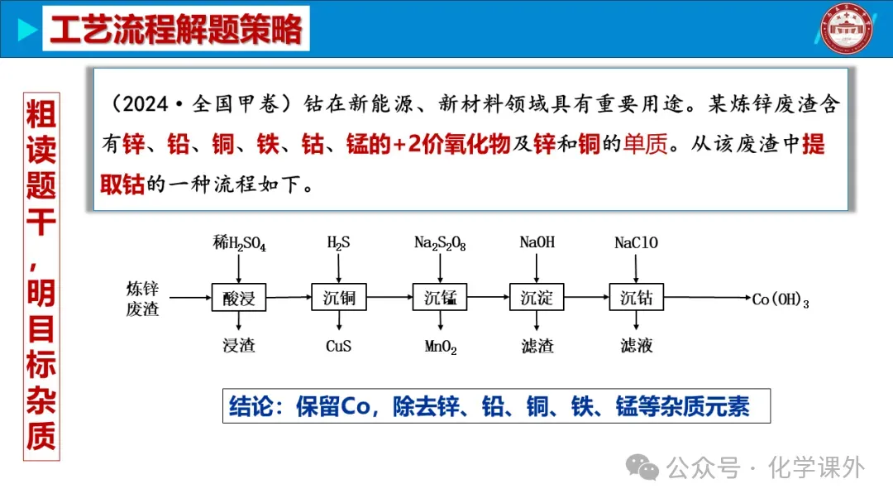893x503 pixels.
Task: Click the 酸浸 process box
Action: click(x=239, y=297)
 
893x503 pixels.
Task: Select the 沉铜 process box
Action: click(x=339, y=297)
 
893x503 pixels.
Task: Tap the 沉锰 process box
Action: click(x=440, y=297)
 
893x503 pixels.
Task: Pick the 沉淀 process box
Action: click(x=537, y=297)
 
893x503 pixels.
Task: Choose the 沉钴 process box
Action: click(x=637, y=297)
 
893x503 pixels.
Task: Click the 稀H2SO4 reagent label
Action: click(x=239, y=243)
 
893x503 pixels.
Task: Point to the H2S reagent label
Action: click(x=339, y=243)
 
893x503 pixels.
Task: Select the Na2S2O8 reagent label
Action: click(x=440, y=243)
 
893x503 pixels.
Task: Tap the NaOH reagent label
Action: click(x=537, y=243)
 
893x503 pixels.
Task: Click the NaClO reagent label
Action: click(x=637, y=243)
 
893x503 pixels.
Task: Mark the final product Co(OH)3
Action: click(x=780, y=300)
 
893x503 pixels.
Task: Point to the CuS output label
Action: click(x=339, y=346)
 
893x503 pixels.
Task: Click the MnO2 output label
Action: click(x=441, y=347)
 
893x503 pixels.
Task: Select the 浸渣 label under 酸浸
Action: click(x=239, y=346)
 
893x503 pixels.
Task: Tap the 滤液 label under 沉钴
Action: click(x=637, y=346)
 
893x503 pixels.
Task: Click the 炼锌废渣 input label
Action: click(x=142, y=299)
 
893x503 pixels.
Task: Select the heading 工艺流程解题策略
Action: click(x=176, y=30)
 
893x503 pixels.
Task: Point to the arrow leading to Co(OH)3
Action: click(x=707, y=298)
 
